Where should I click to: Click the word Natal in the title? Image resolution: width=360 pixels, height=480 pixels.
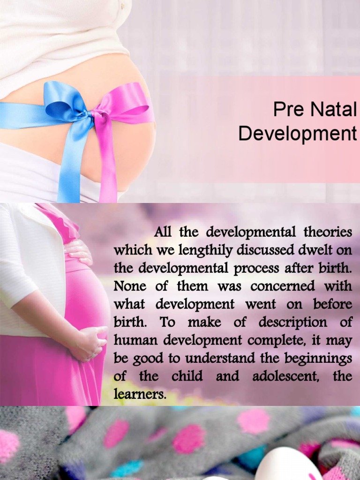[334, 110]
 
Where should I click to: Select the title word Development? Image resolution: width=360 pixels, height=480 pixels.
[297, 134]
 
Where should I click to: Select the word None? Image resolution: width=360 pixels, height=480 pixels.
[130, 286]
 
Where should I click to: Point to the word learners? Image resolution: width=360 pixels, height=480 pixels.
[140, 394]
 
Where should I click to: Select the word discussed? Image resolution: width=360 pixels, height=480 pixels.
[263, 250]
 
